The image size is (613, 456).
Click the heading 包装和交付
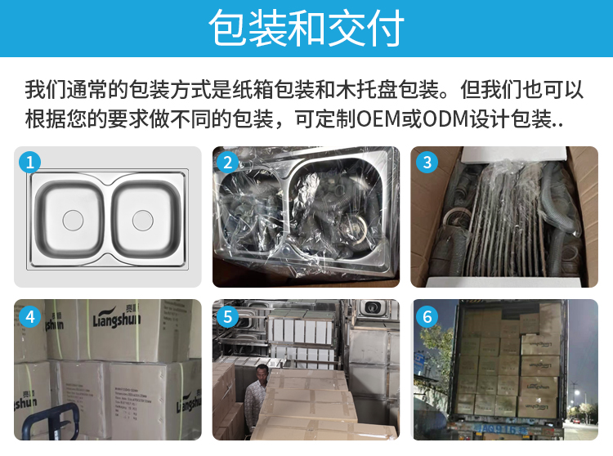coord(306,29)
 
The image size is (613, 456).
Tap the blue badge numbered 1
coord(30,162)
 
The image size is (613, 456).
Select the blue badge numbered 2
coord(229,162)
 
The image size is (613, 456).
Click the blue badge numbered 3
coord(427,162)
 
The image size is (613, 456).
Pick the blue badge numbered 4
coord(30,315)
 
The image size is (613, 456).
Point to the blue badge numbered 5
coord(229,315)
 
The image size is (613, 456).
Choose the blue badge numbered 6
coord(427,315)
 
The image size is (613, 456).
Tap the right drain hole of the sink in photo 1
coord(144,218)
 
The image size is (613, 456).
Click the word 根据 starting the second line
coord(43,118)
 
